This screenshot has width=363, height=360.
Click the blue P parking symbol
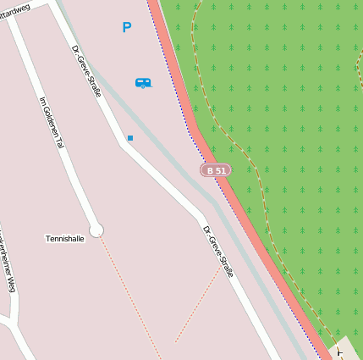[x=127, y=28]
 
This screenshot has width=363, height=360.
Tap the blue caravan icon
[x=143, y=82]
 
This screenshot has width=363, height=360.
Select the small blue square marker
[x=130, y=137]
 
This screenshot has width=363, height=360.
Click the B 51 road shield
[x=216, y=170]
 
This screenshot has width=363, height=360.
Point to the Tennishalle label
[x=65, y=239]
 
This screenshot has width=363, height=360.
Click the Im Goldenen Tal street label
[x=52, y=123]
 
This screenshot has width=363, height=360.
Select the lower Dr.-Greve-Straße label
[x=217, y=252]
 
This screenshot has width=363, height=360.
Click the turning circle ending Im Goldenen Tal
[x=96, y=230]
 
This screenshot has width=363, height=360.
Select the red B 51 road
[x=254, y=237]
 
